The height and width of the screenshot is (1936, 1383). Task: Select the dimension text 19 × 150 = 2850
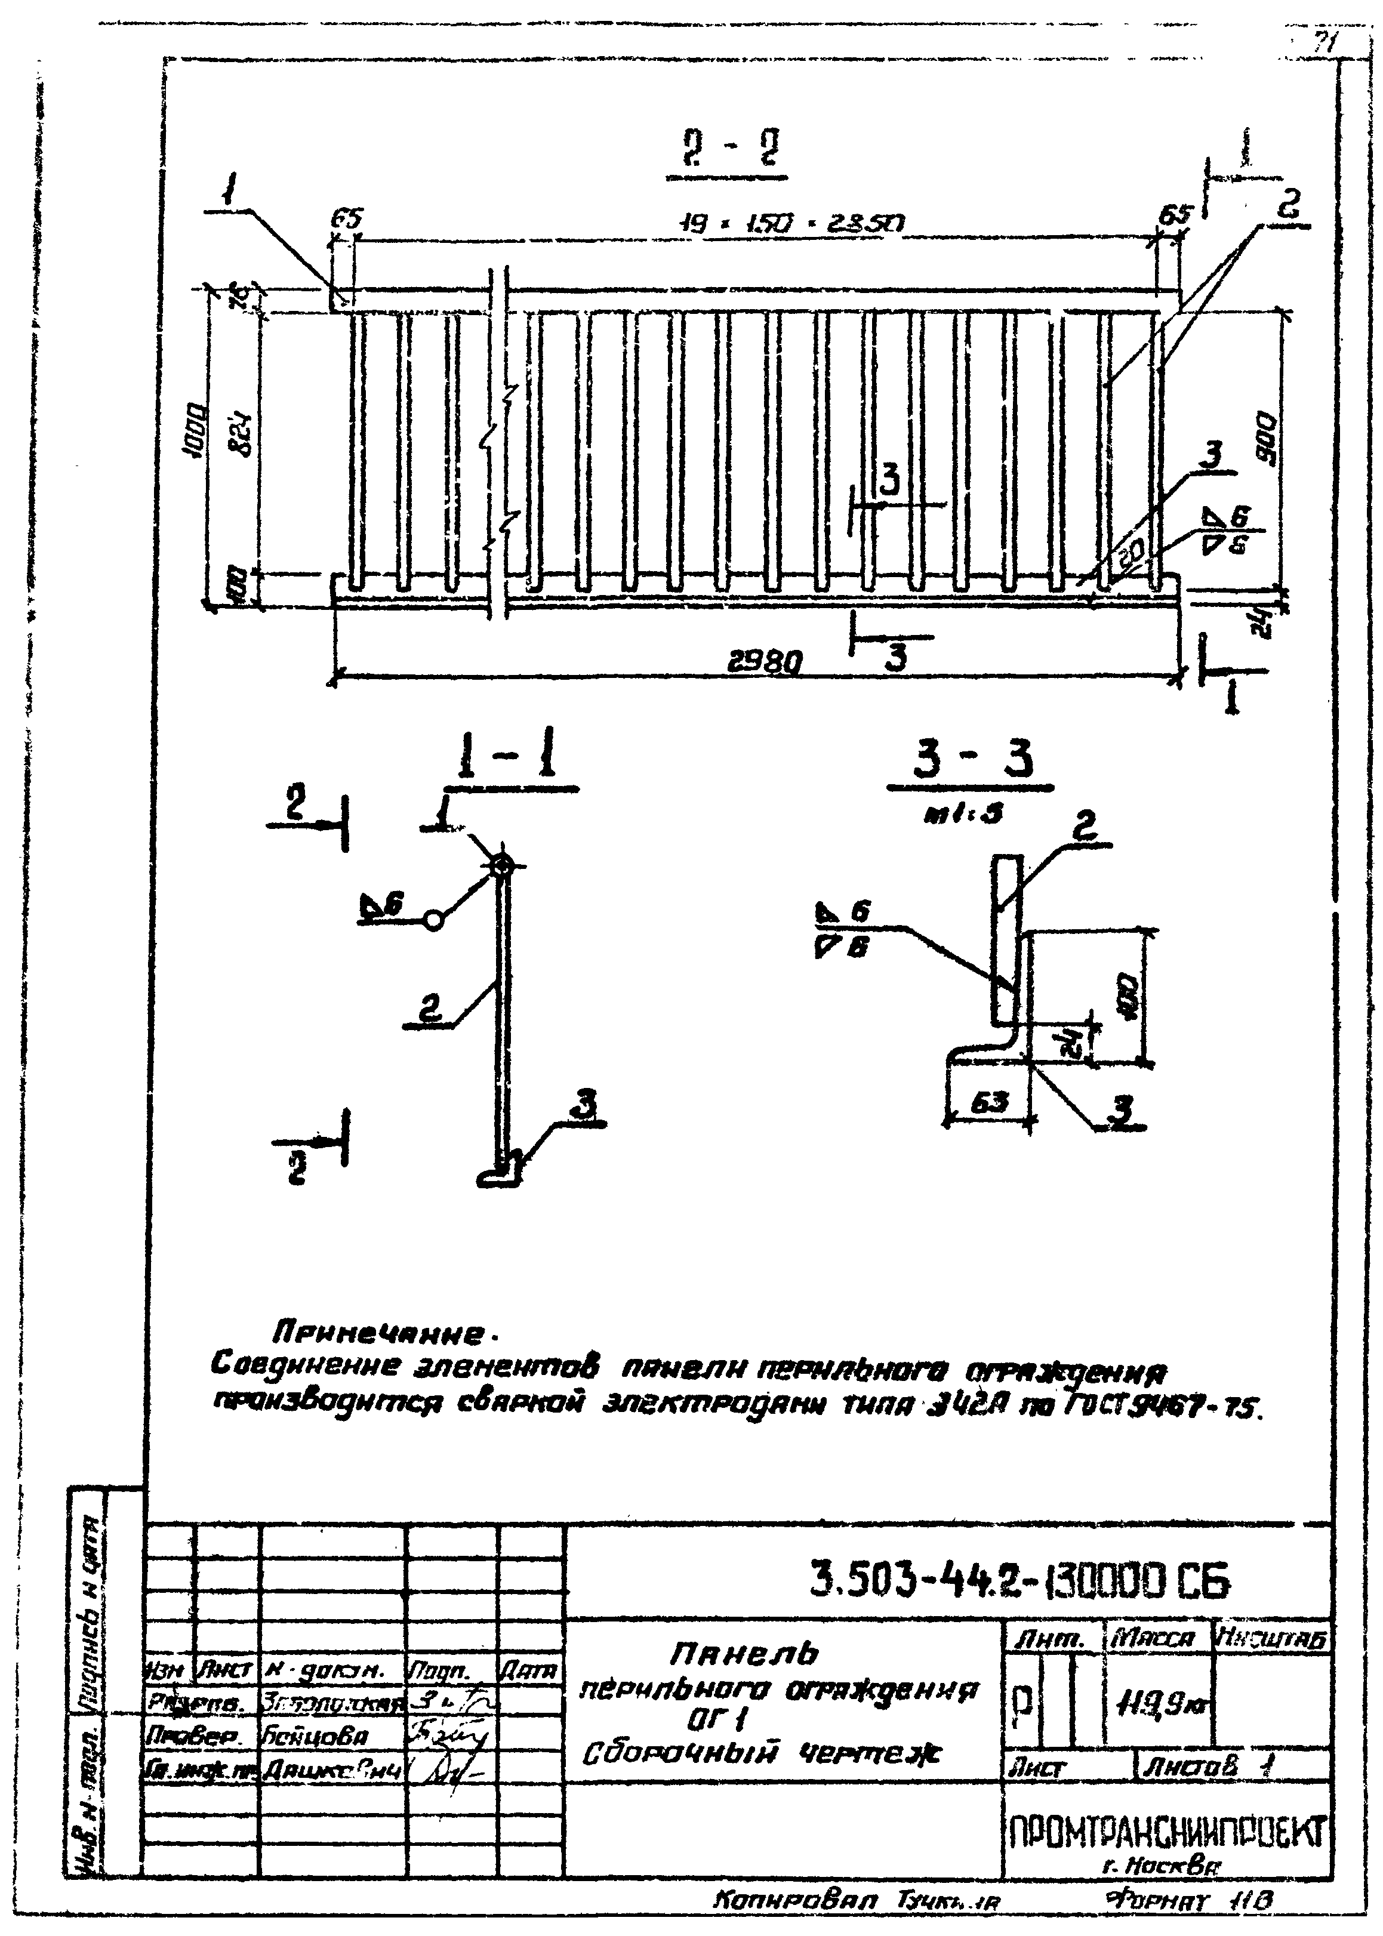791,224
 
